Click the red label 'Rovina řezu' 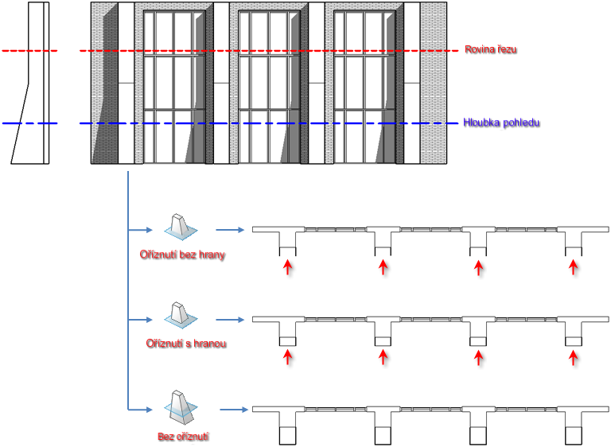(x=491, y=49)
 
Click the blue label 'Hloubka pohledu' (x=501, y=122)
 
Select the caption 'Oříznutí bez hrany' (x=182, y=255)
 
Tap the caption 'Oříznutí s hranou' (x=186, y=344)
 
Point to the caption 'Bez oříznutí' (x=183, y=437)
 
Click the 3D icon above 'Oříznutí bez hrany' (x=181, y=227)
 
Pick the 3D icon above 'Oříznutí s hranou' (x=181, y=315)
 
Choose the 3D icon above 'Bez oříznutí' (x=181, y=407)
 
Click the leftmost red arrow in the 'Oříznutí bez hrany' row (x=287, y=268)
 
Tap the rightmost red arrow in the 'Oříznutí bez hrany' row (x=573, y=268)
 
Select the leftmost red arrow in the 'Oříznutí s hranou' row (x=287, y=357)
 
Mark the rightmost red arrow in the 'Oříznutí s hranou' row (x=573, y=357)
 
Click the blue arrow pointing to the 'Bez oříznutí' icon (x=140, y=410)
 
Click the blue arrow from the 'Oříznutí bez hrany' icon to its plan (x=230, y=230)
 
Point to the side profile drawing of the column (x=30, y=83)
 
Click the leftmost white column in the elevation (x=126, y=83)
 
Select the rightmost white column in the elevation (x=412, y=83)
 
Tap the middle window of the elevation (x=269, y=87)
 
